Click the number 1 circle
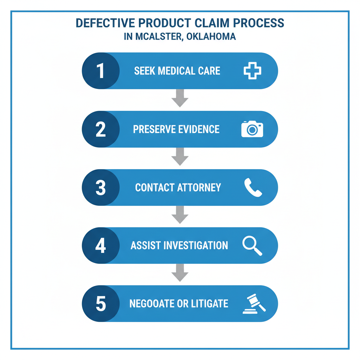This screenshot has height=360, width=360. coord(101,71)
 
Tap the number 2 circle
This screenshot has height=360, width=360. coord(101,129)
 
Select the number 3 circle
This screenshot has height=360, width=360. coord(101,187)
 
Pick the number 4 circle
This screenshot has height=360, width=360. coord(101,245)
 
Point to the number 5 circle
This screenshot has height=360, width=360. coord(101,304)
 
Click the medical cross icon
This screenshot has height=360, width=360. coord(252,71)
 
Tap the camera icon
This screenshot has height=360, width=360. coord(252,129)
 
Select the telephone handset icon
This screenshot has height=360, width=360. coord(253,187)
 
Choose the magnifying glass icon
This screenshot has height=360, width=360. coord(252,245)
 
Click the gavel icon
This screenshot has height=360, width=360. coord(254,304)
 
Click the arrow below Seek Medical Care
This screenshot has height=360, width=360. coord(180,98)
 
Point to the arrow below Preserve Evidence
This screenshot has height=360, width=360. coord(180,157)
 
